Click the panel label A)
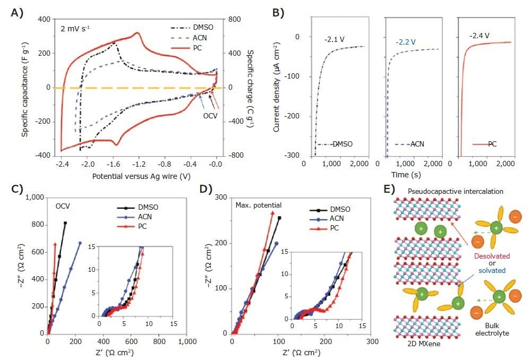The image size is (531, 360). point(16,12)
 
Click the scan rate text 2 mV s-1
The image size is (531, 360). point(78,27)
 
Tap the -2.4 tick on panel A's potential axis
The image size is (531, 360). point(62,165)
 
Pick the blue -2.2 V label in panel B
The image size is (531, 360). point(406,41)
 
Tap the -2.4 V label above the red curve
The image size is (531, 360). point(479,36)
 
